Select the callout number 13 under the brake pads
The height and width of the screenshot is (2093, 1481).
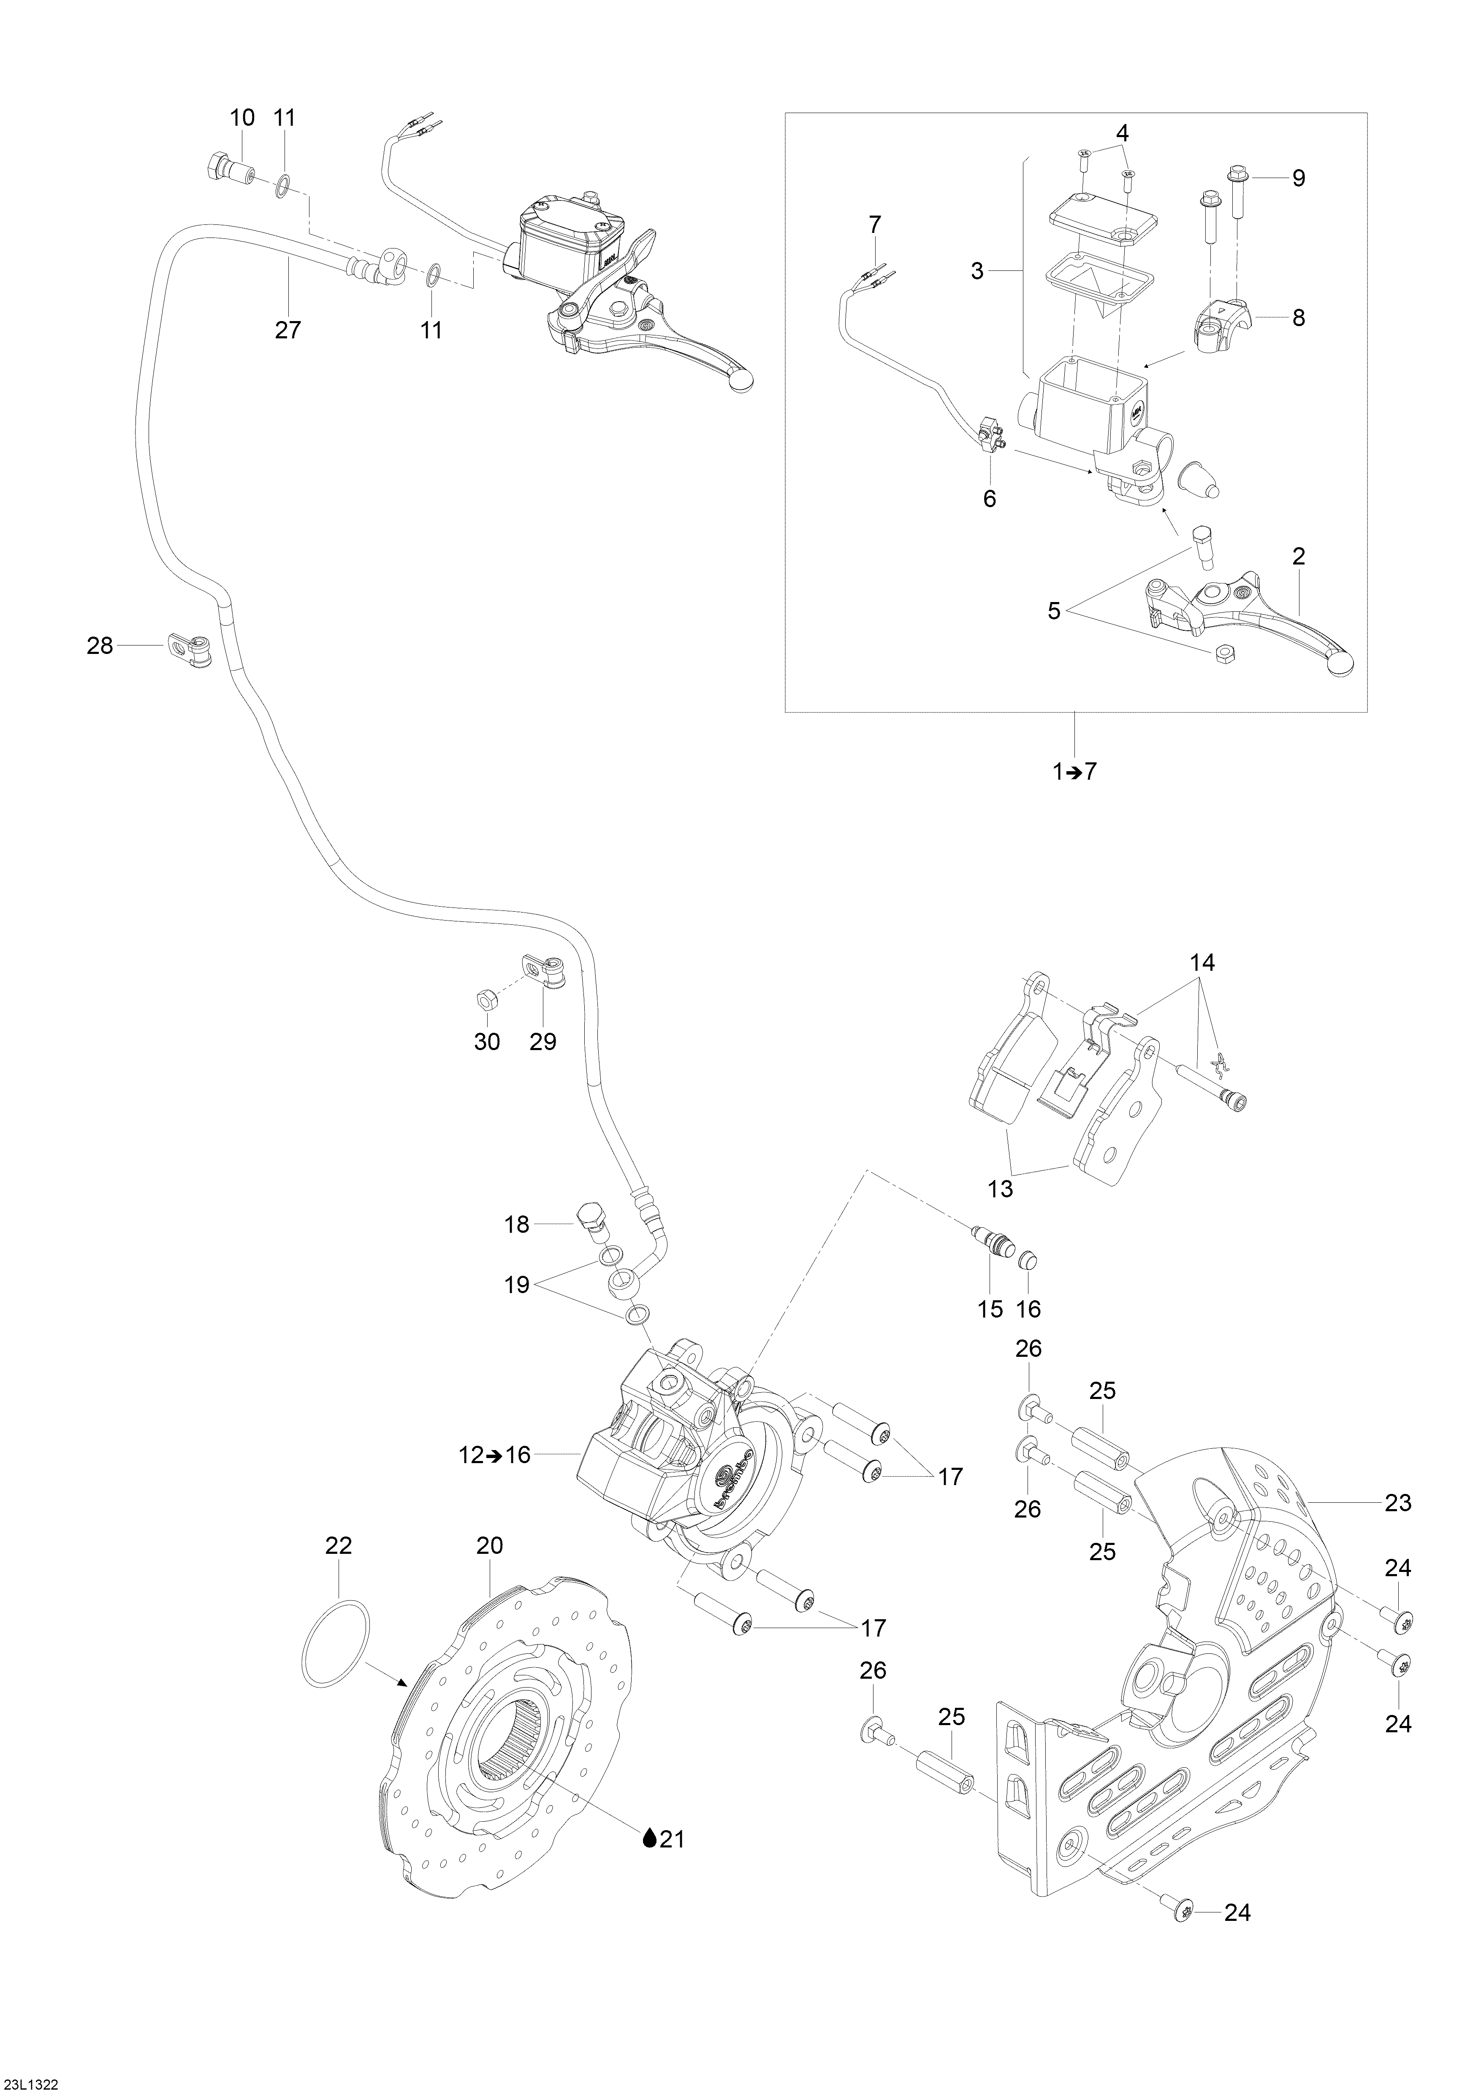click(x=1001, y=1190)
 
